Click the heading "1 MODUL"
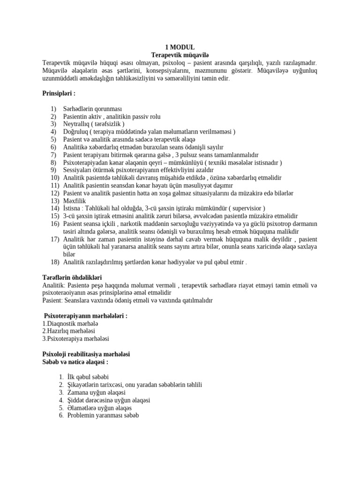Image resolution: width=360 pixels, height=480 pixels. pos(180,47)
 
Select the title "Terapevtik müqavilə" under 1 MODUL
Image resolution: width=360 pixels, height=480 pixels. pos(180,55)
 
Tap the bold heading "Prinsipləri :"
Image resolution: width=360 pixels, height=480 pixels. pos(59,94)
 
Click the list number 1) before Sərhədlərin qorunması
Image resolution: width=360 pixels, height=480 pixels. pos(54,109)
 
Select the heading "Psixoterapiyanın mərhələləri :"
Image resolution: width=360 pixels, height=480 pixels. pos(85,316)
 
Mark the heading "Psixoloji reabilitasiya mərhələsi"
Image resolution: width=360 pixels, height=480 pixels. pos(86,354)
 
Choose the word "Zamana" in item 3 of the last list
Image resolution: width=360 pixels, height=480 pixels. pos(76,392)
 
